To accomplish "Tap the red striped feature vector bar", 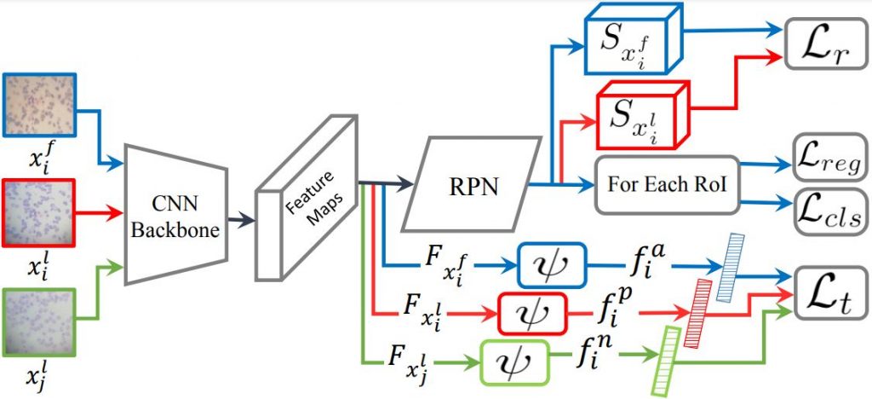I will tap(700, 311).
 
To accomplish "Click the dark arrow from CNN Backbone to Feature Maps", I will tap(244, 219).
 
